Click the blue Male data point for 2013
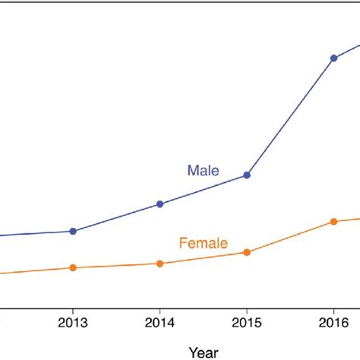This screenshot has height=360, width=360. point(73,231)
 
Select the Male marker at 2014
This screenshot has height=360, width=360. point(159,204)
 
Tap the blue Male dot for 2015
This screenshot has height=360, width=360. point(247,175)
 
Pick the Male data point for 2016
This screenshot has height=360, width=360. point(333,58)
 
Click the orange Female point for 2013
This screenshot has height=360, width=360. point(73,267)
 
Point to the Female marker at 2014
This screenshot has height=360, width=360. point(159,264)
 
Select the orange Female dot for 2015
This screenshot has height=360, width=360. point(247,252)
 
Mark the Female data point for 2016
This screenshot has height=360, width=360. point(333,221)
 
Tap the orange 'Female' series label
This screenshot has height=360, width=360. point(203,244)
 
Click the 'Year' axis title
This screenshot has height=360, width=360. point(203,352)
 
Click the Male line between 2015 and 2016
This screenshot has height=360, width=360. point(290,117)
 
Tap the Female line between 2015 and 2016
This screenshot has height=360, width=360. point(290,237)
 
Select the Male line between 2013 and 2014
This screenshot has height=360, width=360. point(116,217)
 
